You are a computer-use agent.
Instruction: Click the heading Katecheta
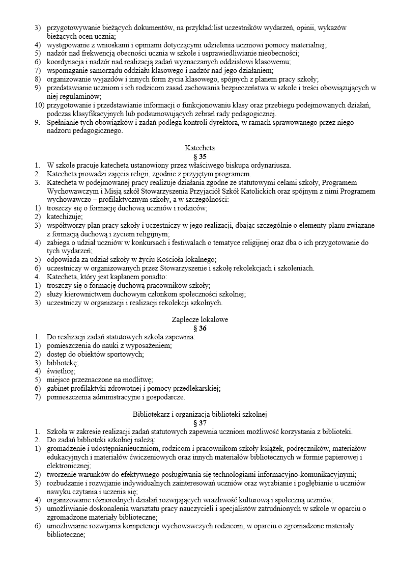point(199,148)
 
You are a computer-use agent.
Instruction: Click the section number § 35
point(199,156)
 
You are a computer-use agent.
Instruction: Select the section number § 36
point(199,329)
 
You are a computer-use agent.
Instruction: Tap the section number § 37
point(199,423)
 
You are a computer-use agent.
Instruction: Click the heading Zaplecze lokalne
point(199,320)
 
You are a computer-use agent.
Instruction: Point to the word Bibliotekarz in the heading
point(152,414)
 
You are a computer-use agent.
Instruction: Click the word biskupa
point(241,165)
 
